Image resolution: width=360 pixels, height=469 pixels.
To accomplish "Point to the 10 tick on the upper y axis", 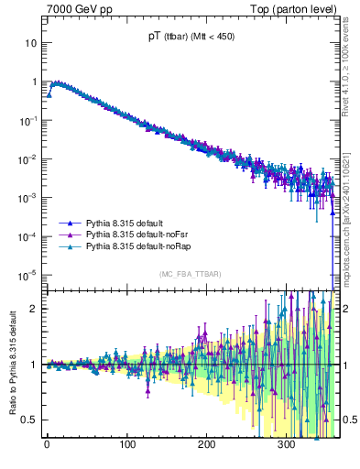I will click(31, 43).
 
